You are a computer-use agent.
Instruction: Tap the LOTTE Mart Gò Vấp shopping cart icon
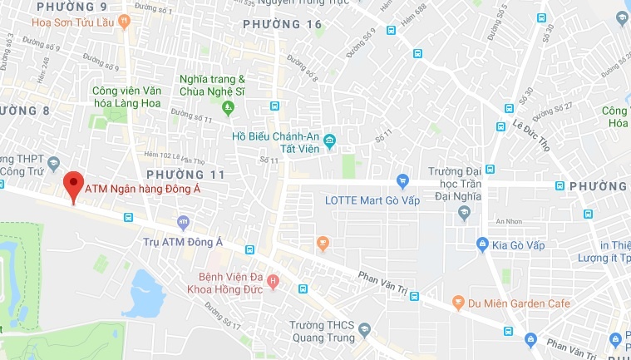coord(403,180)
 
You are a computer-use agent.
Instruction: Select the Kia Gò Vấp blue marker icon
coord(482,244)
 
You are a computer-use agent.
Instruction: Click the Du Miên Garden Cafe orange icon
coord(457,303)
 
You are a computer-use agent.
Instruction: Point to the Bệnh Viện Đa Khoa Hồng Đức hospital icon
coord(272,284)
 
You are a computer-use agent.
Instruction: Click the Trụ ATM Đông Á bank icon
coord(184,223)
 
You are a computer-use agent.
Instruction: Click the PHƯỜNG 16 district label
coord(283,25)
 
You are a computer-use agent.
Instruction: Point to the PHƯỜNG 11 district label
coord(186,174)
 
